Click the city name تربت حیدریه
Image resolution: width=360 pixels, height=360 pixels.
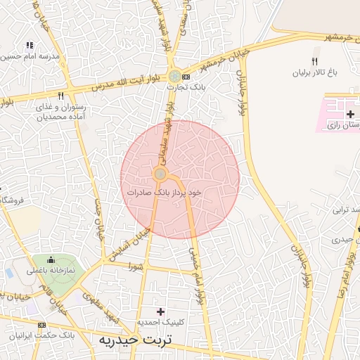[135, 340]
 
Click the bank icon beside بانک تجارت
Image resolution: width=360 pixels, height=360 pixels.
[186, 76]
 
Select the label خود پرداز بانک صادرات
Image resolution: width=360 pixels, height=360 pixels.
[165, 191]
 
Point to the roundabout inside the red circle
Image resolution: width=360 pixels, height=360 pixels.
[160, 174]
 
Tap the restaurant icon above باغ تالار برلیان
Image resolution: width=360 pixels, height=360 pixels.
[316, 60]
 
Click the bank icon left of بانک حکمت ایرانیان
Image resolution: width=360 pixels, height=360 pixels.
[41, 325]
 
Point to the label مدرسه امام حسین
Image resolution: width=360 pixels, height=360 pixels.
[31, 56]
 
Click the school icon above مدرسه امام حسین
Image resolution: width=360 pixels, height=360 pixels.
[30, 45]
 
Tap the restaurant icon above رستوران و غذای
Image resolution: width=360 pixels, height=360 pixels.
[61, 96]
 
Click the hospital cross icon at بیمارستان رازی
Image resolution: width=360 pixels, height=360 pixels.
[350, 114]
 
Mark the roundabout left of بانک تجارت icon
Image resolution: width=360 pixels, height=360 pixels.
[174, 75]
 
